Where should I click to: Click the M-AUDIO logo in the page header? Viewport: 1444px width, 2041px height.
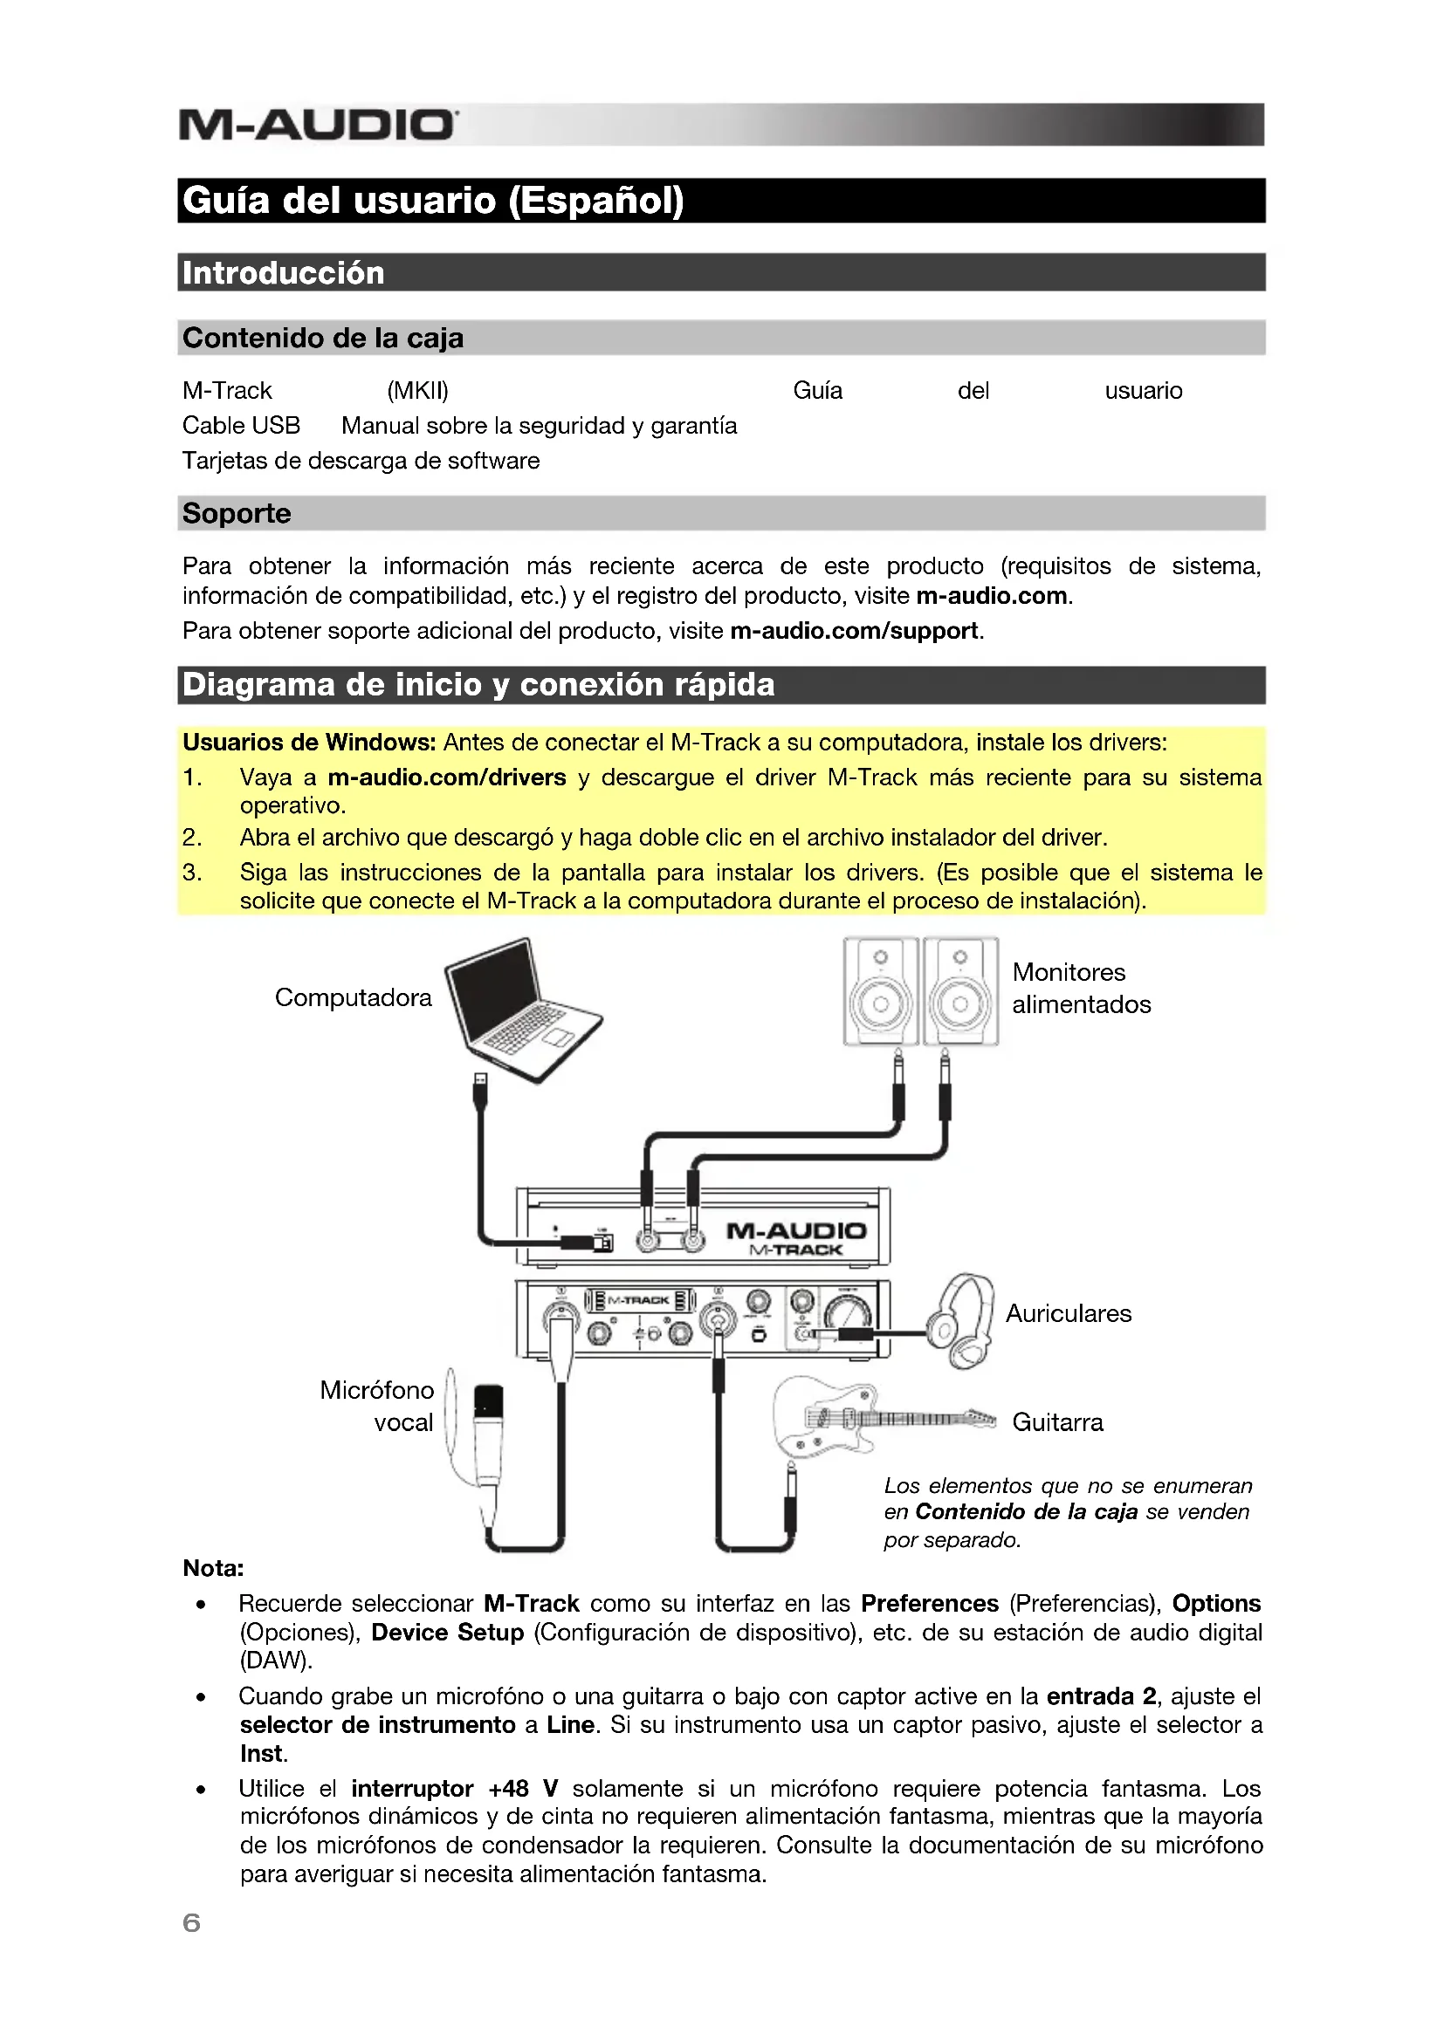(318, 126)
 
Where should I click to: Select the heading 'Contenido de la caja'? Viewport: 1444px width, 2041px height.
(323, 338)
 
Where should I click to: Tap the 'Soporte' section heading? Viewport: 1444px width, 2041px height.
(237, 513)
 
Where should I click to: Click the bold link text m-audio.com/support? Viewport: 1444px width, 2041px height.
(854, 630)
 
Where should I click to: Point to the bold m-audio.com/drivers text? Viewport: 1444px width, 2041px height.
(446, 777)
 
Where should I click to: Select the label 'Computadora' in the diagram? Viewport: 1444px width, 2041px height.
(353, 997)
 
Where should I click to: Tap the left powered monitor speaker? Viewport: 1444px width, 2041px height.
(879, 990)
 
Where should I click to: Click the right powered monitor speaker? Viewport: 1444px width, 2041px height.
(959, 990)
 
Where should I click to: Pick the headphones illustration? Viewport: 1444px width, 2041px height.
(964, 1321)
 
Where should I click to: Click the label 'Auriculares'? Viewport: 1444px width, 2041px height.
(1068, 1313)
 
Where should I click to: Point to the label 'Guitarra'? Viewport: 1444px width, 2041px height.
(1057, 1422)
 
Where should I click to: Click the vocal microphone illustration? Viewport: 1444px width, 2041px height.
(486, 1440)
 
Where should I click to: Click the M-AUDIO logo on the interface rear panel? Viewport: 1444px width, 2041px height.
(796, 1231)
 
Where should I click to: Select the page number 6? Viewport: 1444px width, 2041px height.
(191, 1923)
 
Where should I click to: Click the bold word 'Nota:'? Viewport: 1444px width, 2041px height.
(213, 1568)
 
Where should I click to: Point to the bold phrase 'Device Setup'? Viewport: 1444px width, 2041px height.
(447, 1632)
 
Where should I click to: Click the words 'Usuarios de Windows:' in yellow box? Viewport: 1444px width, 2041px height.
(308, 743)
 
